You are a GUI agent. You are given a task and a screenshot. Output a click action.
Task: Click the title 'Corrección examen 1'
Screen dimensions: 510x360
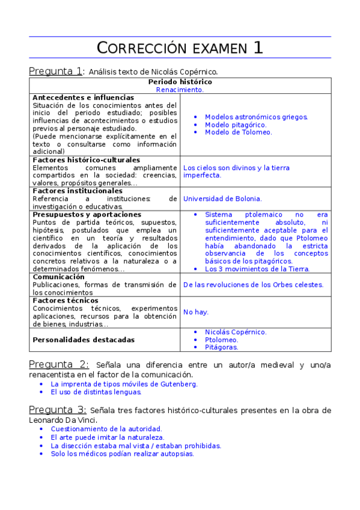[180, 48]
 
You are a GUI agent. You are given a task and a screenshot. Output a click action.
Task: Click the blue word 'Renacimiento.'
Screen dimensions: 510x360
[180, 90]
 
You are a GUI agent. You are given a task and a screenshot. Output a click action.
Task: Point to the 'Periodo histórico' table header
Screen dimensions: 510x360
[180, 82]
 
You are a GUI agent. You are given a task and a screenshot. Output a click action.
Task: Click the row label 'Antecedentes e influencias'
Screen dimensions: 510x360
[83, 97]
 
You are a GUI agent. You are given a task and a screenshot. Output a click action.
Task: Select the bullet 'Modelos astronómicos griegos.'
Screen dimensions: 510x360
[256, 117]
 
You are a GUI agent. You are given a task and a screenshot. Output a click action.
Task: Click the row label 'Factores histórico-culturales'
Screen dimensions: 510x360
[86, 160]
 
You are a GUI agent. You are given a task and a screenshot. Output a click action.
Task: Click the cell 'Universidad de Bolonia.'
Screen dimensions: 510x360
[222, 198]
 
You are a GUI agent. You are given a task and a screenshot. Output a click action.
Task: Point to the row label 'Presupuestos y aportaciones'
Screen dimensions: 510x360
[87, 214]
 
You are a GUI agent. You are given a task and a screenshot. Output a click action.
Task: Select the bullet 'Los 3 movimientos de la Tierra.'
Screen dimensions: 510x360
[257, 269]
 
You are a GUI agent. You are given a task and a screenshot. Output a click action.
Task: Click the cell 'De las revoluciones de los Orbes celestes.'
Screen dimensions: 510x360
[253, 284]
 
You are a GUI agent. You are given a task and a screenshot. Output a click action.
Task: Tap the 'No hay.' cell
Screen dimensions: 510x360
[196, 312]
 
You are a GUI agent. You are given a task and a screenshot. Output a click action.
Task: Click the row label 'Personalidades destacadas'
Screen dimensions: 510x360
[84, 340]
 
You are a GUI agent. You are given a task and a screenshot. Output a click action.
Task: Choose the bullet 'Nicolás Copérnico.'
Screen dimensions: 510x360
[236, 332]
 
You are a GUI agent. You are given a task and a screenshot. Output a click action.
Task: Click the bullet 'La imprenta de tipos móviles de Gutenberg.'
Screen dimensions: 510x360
[124, 384]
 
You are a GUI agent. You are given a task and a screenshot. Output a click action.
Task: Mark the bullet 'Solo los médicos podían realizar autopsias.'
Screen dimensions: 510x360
[122, 453]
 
